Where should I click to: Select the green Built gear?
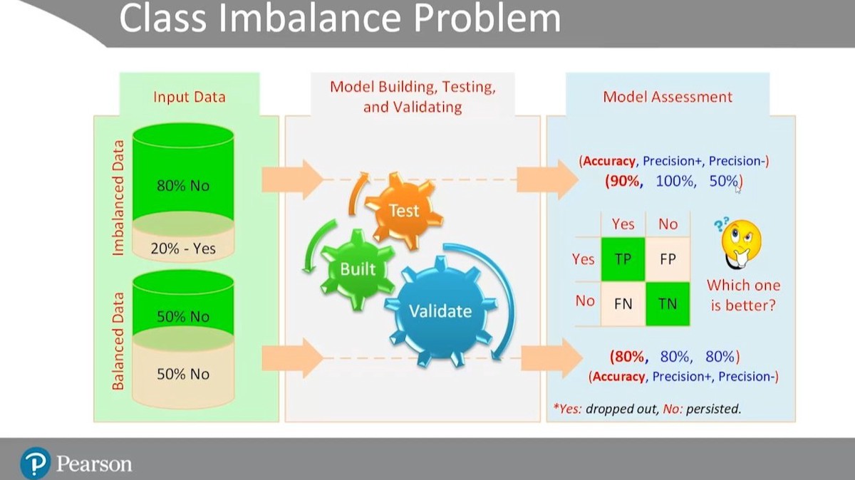pyautogui.click(x=356, y=268)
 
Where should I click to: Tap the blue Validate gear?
pyautogui.click(x=439, y=311)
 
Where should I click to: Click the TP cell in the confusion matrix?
pyautogui.click(x=623, y=259)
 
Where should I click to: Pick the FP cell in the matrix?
pyautogui.click(x=668, y=259)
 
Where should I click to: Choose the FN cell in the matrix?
pyautogui.click(x=623, y=303)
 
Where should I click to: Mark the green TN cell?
pyautogui.click(x=668, y=303)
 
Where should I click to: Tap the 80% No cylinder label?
pyautogui.click(x=183, y=187)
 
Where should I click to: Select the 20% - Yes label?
pyautogui.click(x=183, y=249)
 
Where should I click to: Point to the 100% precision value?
pyautogui.click(x=675, y=181)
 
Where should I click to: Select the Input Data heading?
pyautogui.click(x=189, y=96)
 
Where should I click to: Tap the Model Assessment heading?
pyautogui.click(x=668, y=96)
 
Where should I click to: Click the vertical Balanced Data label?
pyautogui.click(x=118, y=340)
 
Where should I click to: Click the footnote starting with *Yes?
pyautogui.click(x=647, y=409)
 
